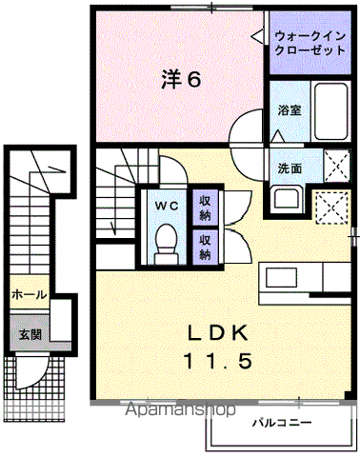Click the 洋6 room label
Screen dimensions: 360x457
coord(181,79)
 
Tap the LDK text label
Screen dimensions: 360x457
coord(218,333)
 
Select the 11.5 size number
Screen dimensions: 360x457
coord(218,361)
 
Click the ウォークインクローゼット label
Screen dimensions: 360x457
coord(310,43)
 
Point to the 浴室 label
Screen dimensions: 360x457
coord(290,110)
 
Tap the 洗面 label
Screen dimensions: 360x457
coord(290,168)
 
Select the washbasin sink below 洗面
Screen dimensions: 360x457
coord(286,199)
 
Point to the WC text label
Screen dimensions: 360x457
coord(167,206)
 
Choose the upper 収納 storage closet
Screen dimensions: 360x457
coord(206,208)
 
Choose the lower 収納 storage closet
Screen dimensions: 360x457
coord(206,247)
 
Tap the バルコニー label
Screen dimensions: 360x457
coord(282,423)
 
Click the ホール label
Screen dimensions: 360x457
coord(30,295)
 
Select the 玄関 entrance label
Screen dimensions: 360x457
coord(30,334)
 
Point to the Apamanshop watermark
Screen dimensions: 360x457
coord(180,409)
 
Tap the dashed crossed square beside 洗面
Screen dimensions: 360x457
coord(337,166)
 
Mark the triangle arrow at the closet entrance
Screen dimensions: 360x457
coord(257,36)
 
